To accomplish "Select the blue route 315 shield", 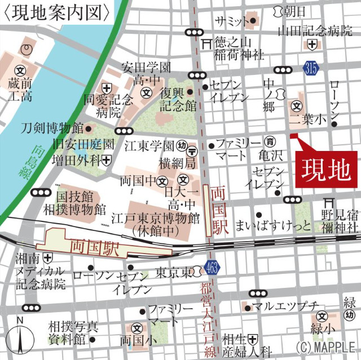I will [x=310, y=68].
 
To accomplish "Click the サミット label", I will [x=231, y=21].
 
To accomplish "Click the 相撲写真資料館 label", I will [x=74, y=333].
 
